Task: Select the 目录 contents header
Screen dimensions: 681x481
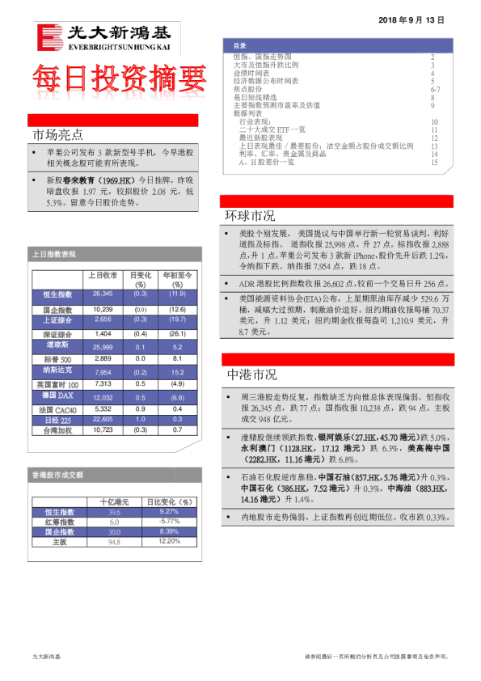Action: pos(240,46)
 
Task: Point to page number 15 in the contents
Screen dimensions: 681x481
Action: pos(434,163)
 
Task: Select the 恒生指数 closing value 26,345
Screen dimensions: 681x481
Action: pos(103,294)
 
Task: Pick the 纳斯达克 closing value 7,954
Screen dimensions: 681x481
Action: pos(103,372)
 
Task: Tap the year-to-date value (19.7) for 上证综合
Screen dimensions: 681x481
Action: pos(177,319)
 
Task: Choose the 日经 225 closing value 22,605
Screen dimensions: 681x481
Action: pos(103,420)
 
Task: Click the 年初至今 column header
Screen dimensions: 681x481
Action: pos(177,275)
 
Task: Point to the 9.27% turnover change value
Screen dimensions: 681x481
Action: pos(169,512)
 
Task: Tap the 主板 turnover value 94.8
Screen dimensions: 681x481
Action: pos(114,541)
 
